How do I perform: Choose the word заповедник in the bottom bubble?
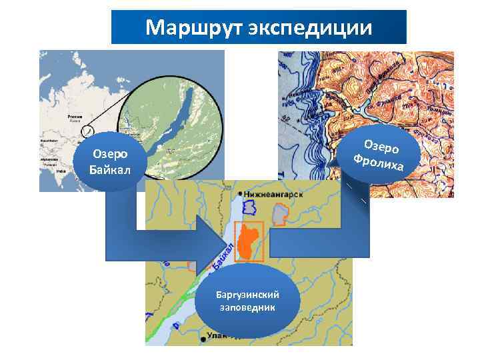[x=249, y=307]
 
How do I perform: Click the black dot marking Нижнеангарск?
[x=241, y=193]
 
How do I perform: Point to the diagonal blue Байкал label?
[x=224, y=257]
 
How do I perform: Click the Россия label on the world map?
[x=73, y=116]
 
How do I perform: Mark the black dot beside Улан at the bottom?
[x=201, y=339]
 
